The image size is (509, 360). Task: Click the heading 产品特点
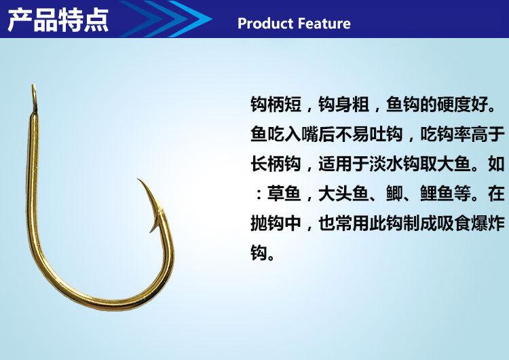[57, 20]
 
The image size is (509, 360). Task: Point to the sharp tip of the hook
[138, 180]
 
